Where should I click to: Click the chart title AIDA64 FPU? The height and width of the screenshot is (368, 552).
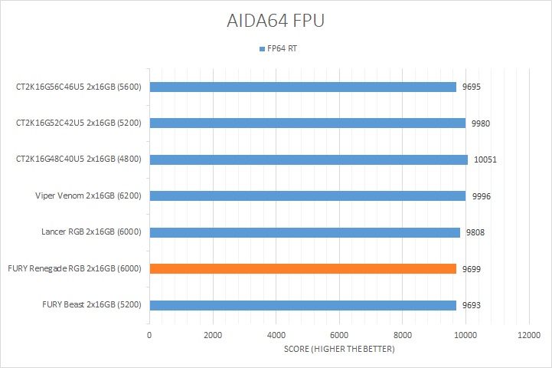(x=276, y=21)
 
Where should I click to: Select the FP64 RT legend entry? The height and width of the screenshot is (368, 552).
(x=283, y=49)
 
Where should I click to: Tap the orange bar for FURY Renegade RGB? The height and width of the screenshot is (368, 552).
(x=303, y=268)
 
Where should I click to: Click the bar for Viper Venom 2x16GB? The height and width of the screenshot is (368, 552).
(x=307, y=195)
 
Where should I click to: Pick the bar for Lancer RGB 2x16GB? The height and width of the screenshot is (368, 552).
(x=305, y=232)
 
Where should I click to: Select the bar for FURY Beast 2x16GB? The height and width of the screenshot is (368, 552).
(x=303, y=305)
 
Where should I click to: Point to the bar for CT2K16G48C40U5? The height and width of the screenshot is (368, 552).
(x=309, y=159)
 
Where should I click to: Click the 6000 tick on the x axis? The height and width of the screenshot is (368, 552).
(x=339, y=335)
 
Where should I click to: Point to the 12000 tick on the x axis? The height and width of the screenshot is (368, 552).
(x=529, y=335)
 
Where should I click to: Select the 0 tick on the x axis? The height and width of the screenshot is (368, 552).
(x=149, y=335)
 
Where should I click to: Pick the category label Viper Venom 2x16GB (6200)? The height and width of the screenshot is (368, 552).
(x=91, y=195)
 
